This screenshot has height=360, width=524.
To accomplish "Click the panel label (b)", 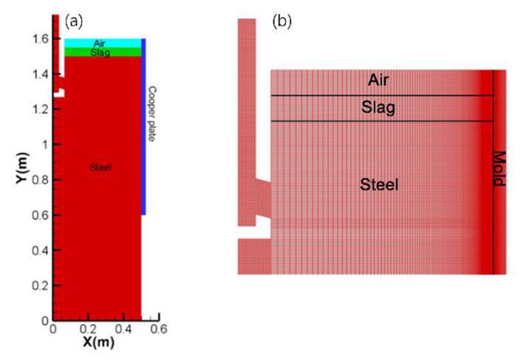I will [x=282, y=21].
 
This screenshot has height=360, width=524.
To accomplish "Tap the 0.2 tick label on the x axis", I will [x=88, y=330].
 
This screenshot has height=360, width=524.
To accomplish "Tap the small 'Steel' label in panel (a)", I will [x=100, y=168].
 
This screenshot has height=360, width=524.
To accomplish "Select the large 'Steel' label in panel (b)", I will [x=379, y=185].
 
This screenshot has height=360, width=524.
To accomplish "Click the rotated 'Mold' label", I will [x=500, y=169].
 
